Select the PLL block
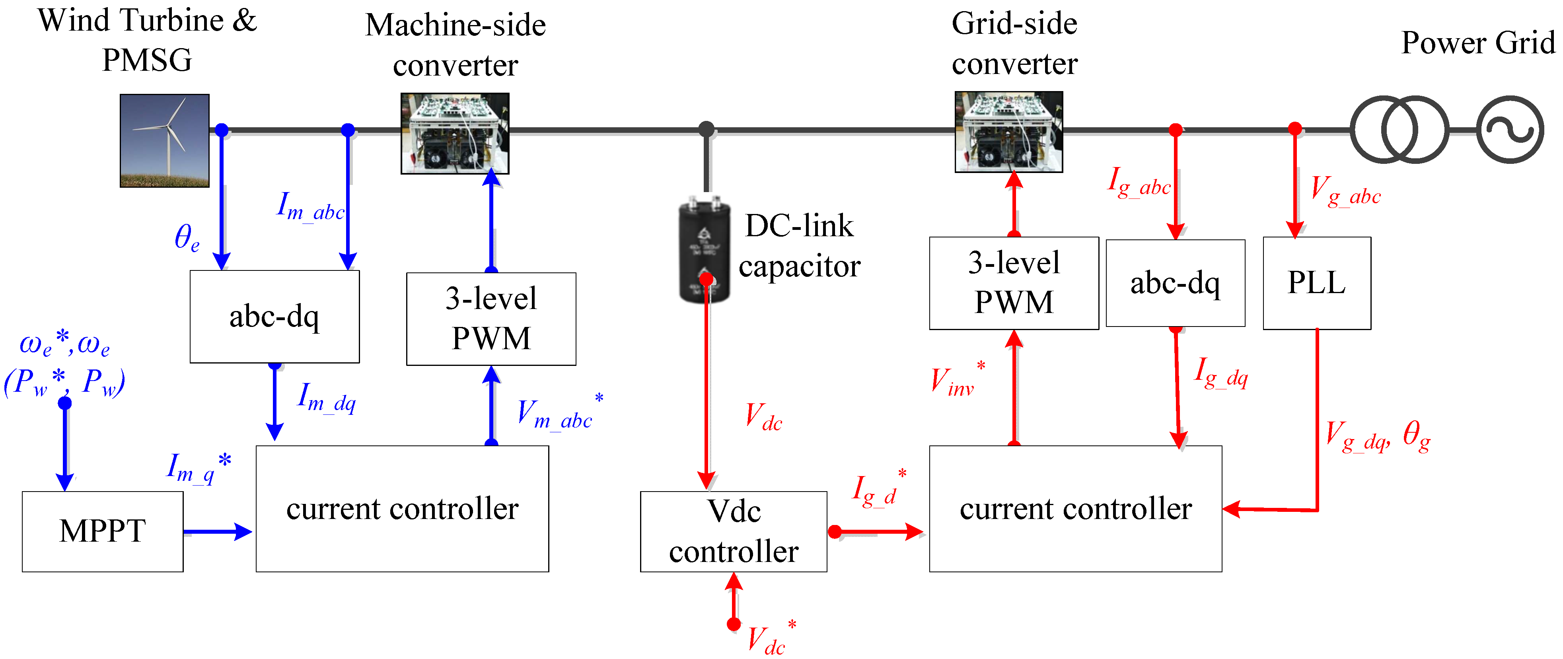click(1317, 283)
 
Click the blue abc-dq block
click(274, 316)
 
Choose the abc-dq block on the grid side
click(1175, 283)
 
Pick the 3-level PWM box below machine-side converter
click(491, 319)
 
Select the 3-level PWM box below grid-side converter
click(1014, 283)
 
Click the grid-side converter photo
click(1009, 132)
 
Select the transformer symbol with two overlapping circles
click(1399, 129)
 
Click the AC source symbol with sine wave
click(1510, 129)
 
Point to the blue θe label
click(186, 237)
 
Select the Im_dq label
click(327, 397)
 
